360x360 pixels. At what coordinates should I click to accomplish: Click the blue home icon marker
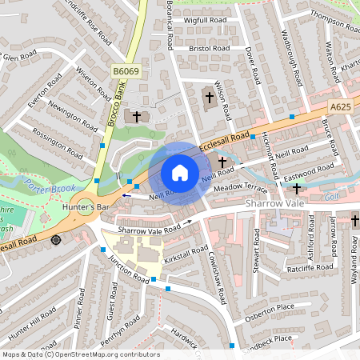click(180, 173)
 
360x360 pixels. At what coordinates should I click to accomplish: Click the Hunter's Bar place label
click(85, 207)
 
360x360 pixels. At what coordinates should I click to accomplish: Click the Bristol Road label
click(209, 49)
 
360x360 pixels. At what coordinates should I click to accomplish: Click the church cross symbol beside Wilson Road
click(210, 97)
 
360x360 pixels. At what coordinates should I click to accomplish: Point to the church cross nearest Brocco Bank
click(137, 116)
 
